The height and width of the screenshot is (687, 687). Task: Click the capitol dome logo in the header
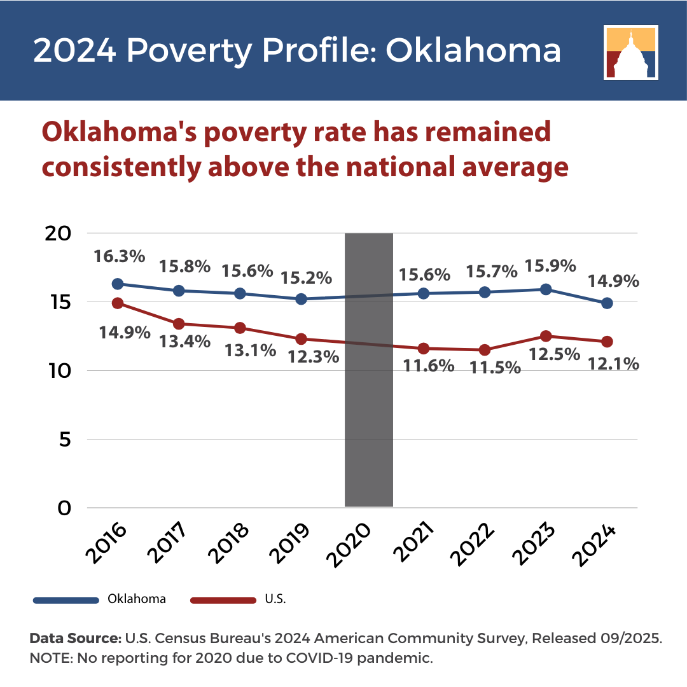pyautogui.click(x=631, y=53)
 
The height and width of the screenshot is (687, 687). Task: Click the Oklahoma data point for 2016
pyautogui.click(x=118, y=284)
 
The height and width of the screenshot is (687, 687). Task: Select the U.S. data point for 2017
pyautogui.click(x=179, y=324)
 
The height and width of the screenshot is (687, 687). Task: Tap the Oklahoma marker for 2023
pyautogui.click(x=546, y=289)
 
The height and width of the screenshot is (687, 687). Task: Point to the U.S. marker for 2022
pyautogui.click(x=485, y=350)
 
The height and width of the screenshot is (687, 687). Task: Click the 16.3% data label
pyautogui.click(x=119, y=256)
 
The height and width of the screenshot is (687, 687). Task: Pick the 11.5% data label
pyautogui.click(x=495, y=367)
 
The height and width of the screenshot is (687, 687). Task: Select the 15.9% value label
pyautogui.click(x=550, y=265)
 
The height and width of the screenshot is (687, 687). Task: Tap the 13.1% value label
pyautogui.click(x=250, y=350)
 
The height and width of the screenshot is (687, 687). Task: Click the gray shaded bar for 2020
pyautogui.click(x=369, y=370)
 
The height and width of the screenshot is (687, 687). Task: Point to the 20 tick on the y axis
pyautogui.click(x=58, y=234)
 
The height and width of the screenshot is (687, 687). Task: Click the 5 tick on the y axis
pyautogui.click(x=65, y=440)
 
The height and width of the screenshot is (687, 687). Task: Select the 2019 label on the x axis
pyautogui.click(x=289, y=543)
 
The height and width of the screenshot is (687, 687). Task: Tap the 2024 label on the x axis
pyautogui.click(x=594, y=545)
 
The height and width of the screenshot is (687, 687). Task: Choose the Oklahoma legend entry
pyautogui.click(x=99, y=599)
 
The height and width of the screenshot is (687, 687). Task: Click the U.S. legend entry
pyautogui.click(x=238, y=599)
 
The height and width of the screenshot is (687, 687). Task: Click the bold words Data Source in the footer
pyautogui.click(x=75, y=639)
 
